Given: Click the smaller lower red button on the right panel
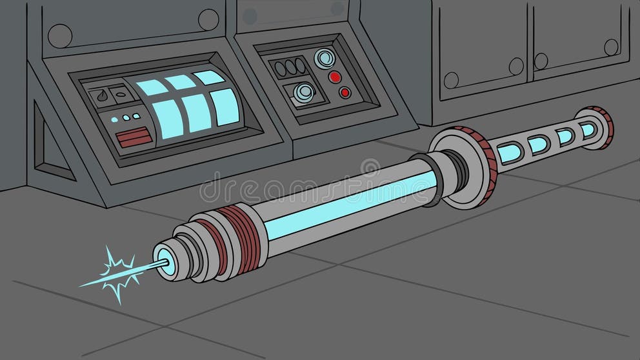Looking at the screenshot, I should tap(345, 93).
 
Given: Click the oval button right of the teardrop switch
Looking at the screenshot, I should tap(122, 95).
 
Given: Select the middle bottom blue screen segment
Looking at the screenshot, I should tap(197, 114).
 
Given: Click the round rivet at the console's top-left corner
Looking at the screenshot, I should tap(60, 35).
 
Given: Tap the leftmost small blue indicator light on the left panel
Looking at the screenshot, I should tap(114, 119).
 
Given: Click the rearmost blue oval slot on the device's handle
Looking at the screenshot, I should tap(587, 130).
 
